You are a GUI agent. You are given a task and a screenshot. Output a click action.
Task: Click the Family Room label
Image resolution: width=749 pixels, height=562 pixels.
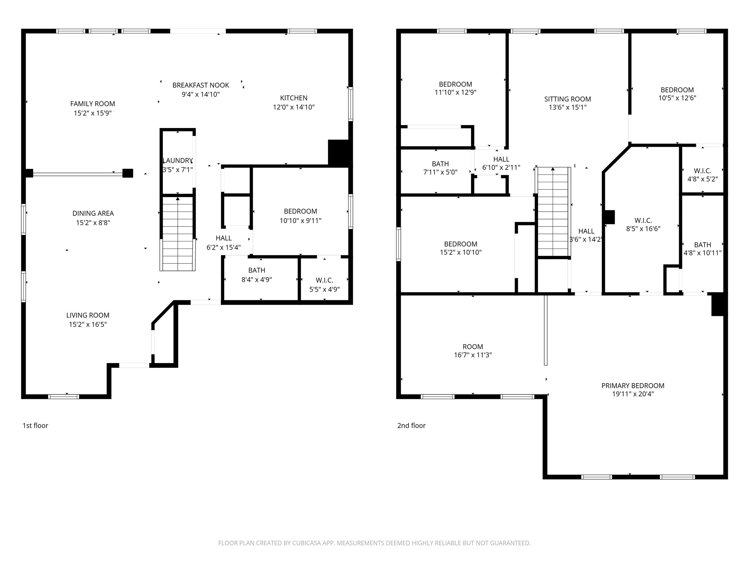click(x=93, y=104)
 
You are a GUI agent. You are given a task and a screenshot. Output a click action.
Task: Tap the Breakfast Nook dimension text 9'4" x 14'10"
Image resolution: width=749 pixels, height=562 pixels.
click(x=200, y=94)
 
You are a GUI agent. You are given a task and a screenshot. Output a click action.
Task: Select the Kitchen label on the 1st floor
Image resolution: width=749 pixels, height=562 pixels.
click(x=294, y=98)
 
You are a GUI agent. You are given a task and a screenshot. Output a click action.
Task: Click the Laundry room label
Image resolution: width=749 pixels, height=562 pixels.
click(x=178, y=161)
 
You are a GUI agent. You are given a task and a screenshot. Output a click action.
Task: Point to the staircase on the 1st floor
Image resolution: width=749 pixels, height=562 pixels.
click(x=178, y=234)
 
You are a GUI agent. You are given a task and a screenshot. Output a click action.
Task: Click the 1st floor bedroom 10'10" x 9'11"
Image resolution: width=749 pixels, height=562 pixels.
click(x=300, y=216)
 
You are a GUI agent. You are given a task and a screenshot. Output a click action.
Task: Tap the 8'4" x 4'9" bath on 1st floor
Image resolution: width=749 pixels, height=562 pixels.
click(x=256, y=275)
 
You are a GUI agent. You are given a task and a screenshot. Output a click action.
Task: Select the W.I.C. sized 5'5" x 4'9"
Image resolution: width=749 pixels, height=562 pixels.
click(x=324, y=285)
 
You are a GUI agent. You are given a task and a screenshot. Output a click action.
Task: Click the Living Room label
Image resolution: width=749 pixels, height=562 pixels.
click(x=88, y=315)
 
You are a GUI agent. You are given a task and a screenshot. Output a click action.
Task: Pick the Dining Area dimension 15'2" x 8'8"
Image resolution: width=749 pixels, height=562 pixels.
click(x=93, y=223)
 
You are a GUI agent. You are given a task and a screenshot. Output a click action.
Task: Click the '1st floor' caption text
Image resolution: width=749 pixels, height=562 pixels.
click(x=35, y=426)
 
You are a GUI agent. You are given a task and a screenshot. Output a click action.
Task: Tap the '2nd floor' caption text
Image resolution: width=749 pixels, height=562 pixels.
click(x=411, y=426)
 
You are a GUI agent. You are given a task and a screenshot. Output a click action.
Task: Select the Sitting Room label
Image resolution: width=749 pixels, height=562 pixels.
click(x=567, y=99)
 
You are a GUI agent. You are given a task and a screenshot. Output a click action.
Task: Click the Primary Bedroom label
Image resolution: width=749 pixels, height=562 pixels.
click(x=633, y=386)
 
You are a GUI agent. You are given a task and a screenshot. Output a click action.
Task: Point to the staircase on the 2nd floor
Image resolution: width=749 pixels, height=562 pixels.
click(x=553, y=212)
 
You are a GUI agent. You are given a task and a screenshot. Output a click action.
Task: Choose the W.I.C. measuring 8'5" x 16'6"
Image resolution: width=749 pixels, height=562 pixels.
click(x=643, y=225)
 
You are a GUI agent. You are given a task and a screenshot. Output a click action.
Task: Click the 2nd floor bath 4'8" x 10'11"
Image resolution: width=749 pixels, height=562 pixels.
click(x=702, y=249)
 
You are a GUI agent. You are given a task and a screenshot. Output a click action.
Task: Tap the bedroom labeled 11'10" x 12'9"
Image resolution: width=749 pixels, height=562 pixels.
click(x=455, y=88)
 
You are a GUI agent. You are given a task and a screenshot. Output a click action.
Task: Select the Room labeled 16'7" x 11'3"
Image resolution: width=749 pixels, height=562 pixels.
click(x=473, y=351)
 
